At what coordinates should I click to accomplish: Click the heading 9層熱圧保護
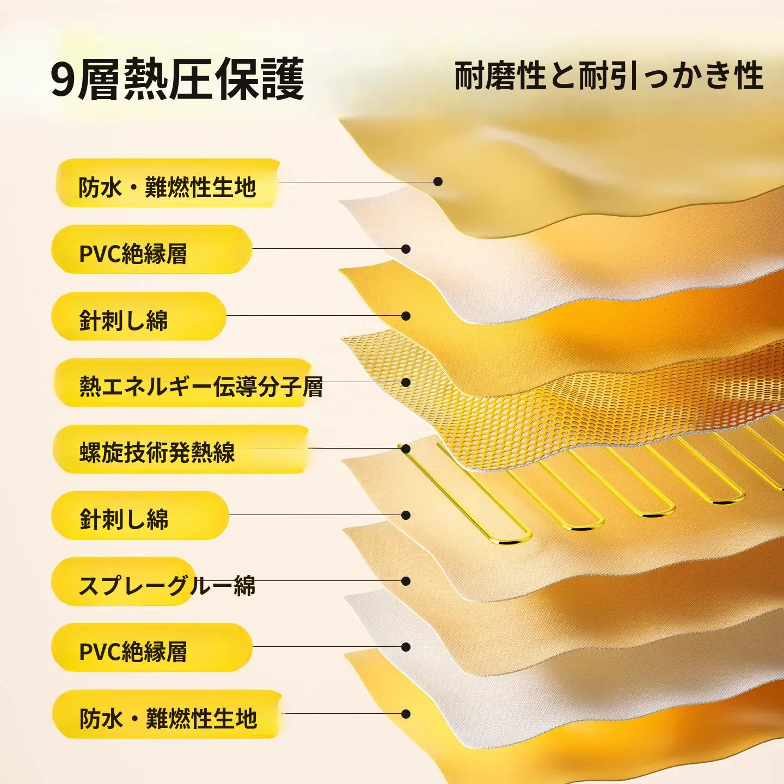coord(178,79)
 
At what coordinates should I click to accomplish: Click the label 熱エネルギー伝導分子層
coord(201,387)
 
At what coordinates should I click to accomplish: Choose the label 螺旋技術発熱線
coord(157,452)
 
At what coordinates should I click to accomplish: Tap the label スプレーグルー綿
coord(167,585)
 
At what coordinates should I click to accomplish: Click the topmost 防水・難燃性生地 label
coord(167,187)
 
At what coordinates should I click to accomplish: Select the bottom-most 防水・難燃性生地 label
coord(168,719)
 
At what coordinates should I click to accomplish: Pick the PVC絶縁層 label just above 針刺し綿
coord(133,254)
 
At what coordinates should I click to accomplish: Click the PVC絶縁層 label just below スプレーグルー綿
coord(133,652)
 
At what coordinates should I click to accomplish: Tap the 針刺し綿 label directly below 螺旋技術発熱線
coord(124,519)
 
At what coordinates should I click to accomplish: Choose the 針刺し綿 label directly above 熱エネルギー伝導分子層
coord(124,320)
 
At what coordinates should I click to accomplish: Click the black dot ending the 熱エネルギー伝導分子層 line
coord(406,382)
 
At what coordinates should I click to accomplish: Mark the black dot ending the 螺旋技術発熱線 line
coord(406,449)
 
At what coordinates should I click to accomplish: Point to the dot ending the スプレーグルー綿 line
coord(405,581)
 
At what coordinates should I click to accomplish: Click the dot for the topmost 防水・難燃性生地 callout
coord(438,181)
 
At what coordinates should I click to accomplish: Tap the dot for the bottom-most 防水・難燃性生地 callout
coord(405,714)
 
